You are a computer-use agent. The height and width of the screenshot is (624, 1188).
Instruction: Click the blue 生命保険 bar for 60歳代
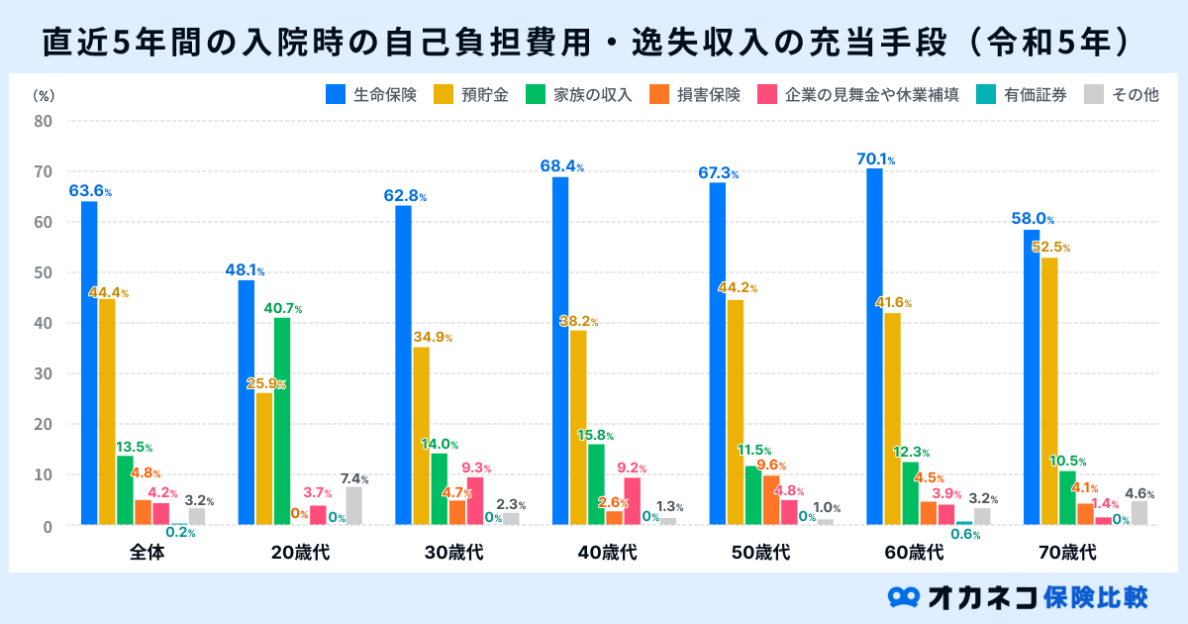(874, 346)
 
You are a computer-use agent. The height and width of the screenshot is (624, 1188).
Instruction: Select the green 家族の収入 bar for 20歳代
(282, 420)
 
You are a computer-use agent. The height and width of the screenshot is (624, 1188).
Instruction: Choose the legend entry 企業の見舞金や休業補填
(857, 95)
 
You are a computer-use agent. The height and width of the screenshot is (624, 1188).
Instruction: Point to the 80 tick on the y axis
(44, 122)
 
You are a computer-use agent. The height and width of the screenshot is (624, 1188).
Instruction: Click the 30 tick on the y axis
(44, 373)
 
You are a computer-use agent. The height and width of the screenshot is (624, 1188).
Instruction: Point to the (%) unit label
(44, 95)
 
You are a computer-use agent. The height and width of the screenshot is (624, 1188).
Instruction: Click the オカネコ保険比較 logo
(1020, 596)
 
